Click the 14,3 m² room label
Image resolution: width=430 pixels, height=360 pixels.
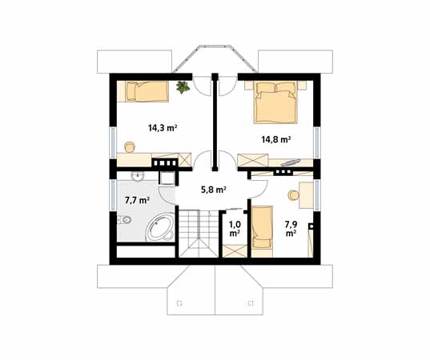point(162,127)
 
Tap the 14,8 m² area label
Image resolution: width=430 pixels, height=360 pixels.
point(275,138)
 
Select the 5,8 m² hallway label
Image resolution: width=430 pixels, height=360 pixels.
point(213,190)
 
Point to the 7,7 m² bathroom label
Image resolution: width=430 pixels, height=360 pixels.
point(136,201)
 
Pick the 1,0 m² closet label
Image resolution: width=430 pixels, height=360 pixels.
point(235,229)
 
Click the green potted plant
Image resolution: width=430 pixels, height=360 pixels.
point(183,86)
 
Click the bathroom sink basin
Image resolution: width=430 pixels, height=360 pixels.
point(138,177)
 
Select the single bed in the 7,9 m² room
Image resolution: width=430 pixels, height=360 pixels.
point(263,228)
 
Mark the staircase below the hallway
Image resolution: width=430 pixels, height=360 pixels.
point(192,231)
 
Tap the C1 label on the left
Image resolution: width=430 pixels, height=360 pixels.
point(180,302)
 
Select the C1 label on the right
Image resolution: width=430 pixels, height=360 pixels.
point(251,302)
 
